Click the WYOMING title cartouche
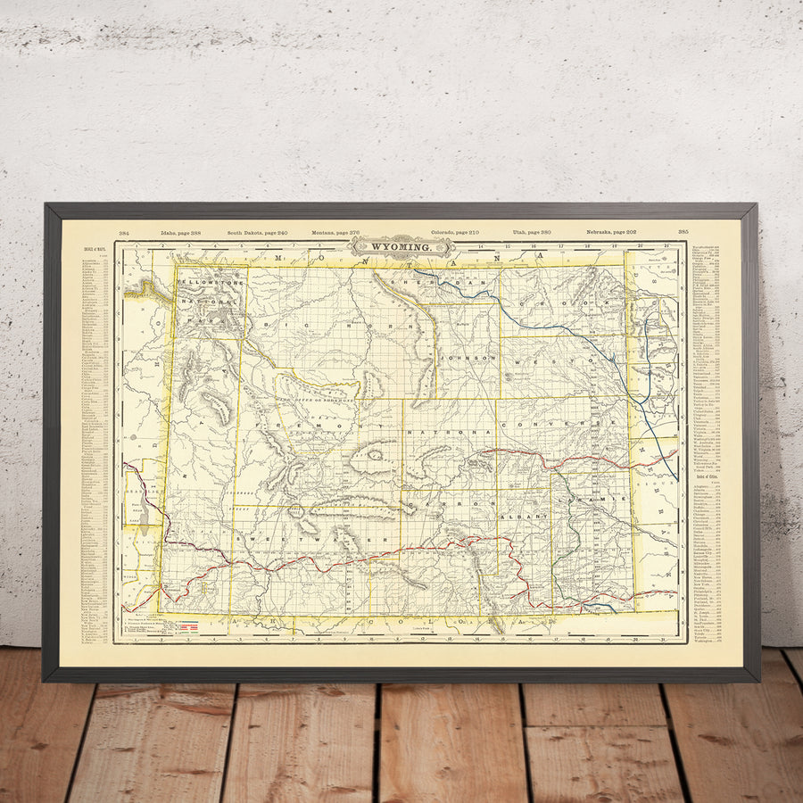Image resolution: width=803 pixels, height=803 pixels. pos(401,246)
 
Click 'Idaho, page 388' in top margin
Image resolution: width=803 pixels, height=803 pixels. pos(182,232)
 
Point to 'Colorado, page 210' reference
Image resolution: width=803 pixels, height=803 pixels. pos(454,232)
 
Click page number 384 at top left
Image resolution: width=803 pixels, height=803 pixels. pos(124,232)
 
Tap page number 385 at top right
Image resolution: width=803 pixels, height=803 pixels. pos(683,232)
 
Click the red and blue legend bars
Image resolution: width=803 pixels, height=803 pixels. pos(188,627)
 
